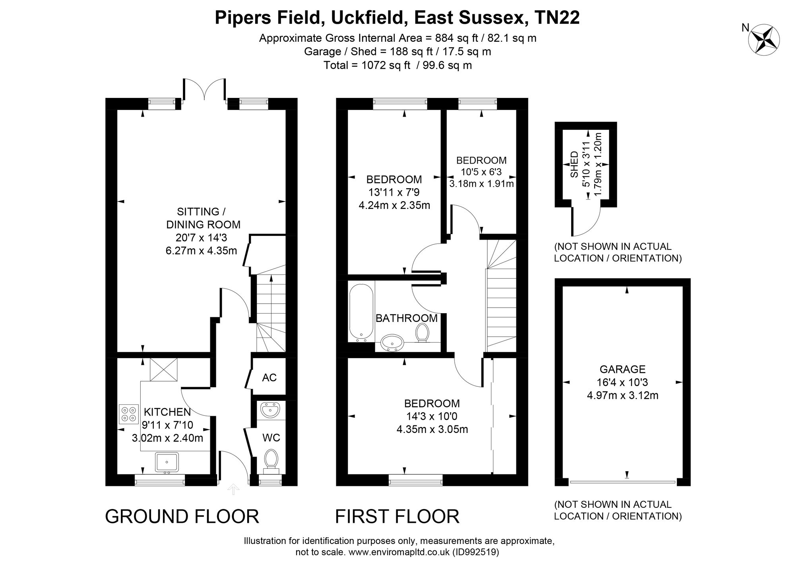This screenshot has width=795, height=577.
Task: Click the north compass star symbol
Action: tap(764, 39)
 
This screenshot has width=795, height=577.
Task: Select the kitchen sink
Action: tap(167, 463)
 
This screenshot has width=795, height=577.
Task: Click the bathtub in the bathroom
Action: tap(361, 312)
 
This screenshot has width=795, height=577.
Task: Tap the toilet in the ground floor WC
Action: tap(271, 462)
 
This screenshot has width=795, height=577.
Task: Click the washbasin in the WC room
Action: tap(270, 410)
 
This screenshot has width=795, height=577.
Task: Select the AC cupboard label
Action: tap(269, 378)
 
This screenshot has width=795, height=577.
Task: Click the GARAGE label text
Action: tap(622, 369)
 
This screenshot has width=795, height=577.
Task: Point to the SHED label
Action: tap(574, 164)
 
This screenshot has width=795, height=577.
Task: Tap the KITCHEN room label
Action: tap(167, 412)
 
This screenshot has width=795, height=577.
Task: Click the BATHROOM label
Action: tap(407, 318)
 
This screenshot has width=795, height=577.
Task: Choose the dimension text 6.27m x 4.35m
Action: tap(201, 251)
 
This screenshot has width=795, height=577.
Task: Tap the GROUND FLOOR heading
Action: tap(182, 517)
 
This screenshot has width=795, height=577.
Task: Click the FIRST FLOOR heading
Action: tap(397, 517)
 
